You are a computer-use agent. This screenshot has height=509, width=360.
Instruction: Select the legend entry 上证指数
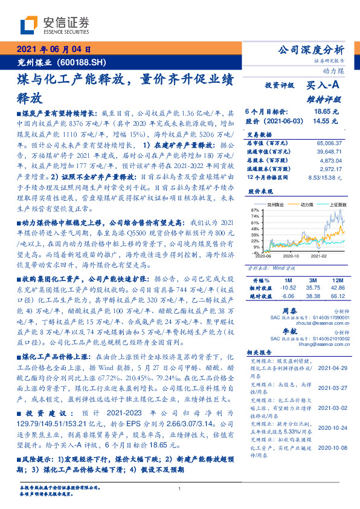pos(336,204)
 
